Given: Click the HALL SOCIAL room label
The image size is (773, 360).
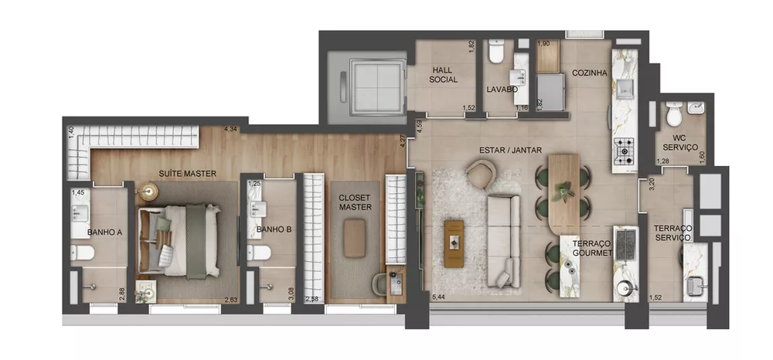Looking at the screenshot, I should [x=444, y=74].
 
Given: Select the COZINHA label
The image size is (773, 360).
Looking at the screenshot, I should [x=589, y=73].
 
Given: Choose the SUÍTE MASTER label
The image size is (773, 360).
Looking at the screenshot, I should [x=188, y=174].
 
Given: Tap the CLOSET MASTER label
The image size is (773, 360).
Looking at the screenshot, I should [x=356, y=202].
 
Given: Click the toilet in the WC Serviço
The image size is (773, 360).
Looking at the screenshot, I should [x=674, y=116].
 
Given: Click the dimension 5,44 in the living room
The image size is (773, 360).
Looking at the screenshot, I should [x=439, y=297].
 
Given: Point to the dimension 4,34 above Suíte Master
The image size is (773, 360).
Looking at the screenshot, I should [x=230, y=130].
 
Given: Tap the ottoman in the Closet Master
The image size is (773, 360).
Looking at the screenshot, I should [x=356, y=236].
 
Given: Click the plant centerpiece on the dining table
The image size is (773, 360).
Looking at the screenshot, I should [x=564, y=188].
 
